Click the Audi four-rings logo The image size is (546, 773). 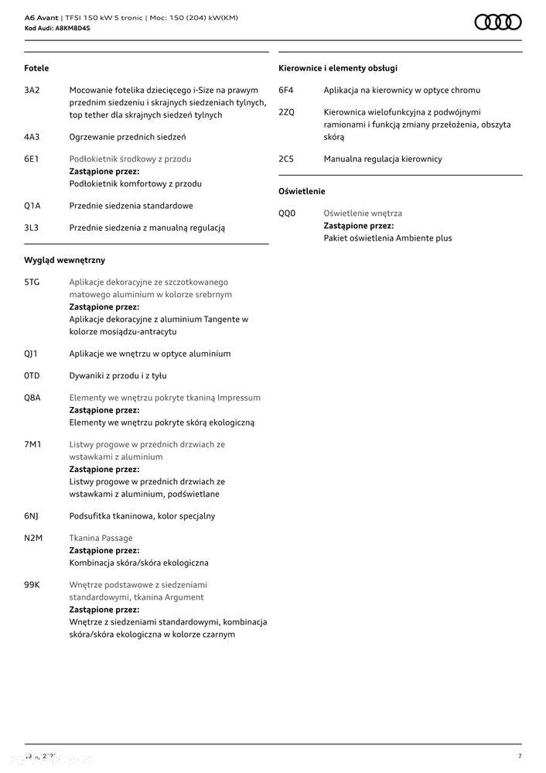[497, 22]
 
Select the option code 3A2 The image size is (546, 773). [32, 91]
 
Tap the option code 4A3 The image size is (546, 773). [32, 137]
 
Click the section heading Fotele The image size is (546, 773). [36, 69]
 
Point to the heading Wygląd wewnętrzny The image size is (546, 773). [64, 261]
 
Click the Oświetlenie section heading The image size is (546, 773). [302, 191]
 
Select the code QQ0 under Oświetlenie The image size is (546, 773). [287, 214]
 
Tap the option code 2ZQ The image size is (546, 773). [286, 112]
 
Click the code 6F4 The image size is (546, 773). [286, 91]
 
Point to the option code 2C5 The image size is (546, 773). [286, 159]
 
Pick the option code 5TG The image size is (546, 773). [32, 282]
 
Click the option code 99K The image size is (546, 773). [32, 585]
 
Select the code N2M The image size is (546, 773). [32, 539]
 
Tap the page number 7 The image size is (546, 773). [520, 756]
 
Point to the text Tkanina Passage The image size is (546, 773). [101, 539]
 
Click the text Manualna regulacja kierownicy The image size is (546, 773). [383, 159]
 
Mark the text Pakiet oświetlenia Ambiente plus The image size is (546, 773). [387, 238]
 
